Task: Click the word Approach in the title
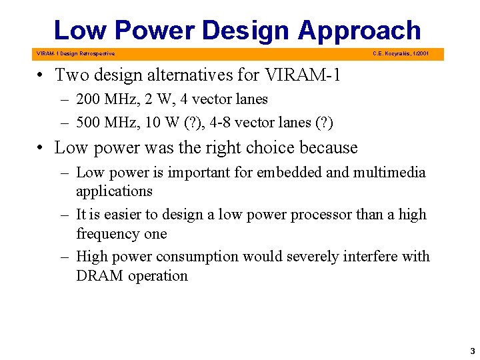(359, 31)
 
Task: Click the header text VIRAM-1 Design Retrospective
(75, 53)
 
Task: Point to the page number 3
(472, 351)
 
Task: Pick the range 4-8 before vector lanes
(223, 123)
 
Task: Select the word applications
(114, 191)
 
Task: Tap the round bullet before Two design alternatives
(41, 75)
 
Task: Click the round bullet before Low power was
(41, 148)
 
